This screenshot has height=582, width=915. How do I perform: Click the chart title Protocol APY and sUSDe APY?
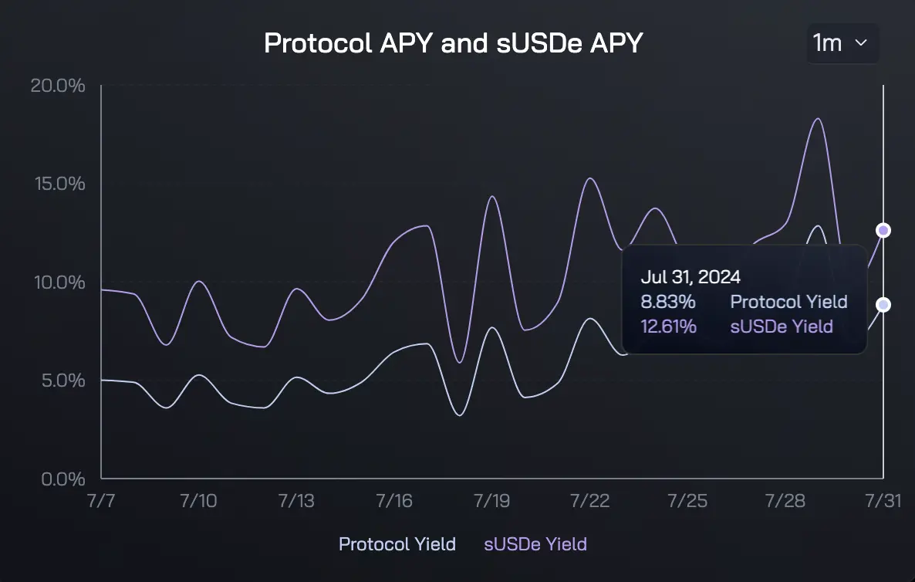[x=453, y=43]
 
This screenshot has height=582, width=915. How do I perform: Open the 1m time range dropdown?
[x=842, y=43]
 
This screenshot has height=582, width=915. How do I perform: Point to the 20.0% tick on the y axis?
[x=58, y=85]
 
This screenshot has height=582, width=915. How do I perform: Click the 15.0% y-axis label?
[x=58, y=184]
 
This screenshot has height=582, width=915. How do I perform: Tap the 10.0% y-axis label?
[x=58, y=283]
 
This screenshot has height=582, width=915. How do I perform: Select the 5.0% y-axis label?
[x=62, y=381]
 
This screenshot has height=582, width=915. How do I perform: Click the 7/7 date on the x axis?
[x=102, y=501]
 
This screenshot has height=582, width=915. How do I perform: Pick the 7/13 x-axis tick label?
[x=296, y=501]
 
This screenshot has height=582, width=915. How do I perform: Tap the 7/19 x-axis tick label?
[x=491, y=501]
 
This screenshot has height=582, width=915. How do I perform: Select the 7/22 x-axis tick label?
[x=589, y=501]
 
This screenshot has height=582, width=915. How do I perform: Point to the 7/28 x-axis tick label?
[x=785, y=501]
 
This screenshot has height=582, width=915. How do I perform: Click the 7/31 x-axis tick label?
[x=883, y=501]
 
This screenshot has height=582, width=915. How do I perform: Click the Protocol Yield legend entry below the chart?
[x=397, y=544]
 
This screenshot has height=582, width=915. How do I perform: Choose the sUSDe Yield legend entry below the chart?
[x=535, y=544]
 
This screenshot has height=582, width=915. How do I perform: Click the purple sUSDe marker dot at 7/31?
[x=883, y=230]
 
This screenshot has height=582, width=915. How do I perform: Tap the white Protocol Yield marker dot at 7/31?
[x=883, y=305]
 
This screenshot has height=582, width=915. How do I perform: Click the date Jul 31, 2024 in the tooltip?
[x=690, y=277]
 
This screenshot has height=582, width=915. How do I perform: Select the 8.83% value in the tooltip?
[x=668, y=302]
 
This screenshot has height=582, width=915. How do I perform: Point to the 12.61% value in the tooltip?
[x=668, y=327]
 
